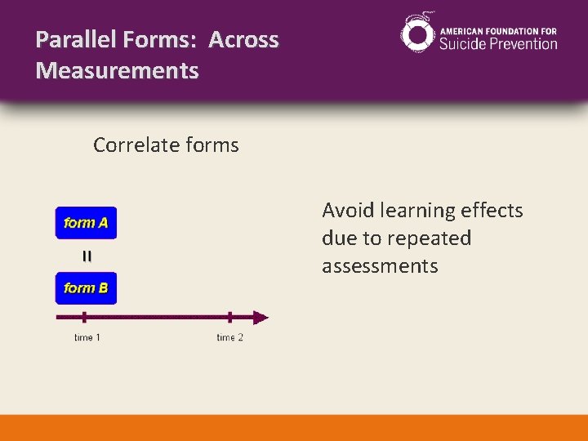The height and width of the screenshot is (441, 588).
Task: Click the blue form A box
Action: (x=86, y=223)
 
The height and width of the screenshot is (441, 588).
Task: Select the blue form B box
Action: (x=86, y=287)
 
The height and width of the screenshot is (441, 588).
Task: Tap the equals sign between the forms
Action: (x=87, y=256)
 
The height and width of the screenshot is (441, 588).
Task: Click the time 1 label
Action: (x=87, y=337)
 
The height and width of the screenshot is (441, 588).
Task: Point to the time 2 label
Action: (x=229, y=337)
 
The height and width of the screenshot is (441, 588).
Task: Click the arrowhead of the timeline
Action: (x=261, y=318)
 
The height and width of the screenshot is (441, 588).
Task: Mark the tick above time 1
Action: (x=84, y=318)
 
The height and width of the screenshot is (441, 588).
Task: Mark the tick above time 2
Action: (x=229, y=318)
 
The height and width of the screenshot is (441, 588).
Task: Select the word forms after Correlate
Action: (x=212, y=145)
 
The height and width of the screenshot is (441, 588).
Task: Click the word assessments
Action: (x=380, y=266)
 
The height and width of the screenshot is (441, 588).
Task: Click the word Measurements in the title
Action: (x=117, y=71)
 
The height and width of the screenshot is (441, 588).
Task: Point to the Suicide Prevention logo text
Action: (x=498, y=43)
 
